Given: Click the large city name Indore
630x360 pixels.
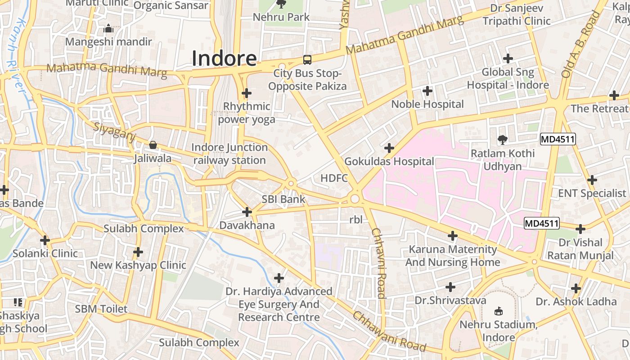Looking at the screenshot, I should pyautogui.click(x=224, y=58).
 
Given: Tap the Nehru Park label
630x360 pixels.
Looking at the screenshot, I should pyautogui.click(x=281, y=17).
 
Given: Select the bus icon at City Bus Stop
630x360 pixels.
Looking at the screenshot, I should pyautogui.click(x=307, y=59).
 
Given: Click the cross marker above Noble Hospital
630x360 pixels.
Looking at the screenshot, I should pyautogui.click(x=427, y=91).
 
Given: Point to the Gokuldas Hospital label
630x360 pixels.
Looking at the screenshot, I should pyautogui.click(x=389, y=161).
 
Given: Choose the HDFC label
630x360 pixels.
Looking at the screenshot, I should pyautogui.click(x=334, y=178).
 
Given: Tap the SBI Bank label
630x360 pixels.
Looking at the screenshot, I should pyautogui.click(x=283, y=199).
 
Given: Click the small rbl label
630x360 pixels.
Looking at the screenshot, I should pyautogui.click(x=355, y=220).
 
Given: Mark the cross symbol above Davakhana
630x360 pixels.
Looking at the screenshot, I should pyautogui.click(x=247, y=211).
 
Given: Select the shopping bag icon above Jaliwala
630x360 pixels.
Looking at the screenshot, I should pyautogui.click(x=153, y=145).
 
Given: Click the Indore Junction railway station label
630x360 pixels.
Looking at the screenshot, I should pyautogui.click(x=229, y=154).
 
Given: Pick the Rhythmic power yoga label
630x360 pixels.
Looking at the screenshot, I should pyautogui.click(x=247, y=113).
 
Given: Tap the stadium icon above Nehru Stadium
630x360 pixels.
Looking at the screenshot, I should pyautogui.click(x=498, y=311).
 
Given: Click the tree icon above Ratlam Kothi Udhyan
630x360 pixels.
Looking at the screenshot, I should pyautogui.click(x=502, y=140).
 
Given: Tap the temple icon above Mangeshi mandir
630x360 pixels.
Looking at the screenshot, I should pyautogui.click(x=108, y=29).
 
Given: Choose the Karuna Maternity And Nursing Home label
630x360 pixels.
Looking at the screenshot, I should pyautogui.click(x=452, y=256).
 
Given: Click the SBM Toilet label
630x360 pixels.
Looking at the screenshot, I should pyautogui.click(x=101, y=309).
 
